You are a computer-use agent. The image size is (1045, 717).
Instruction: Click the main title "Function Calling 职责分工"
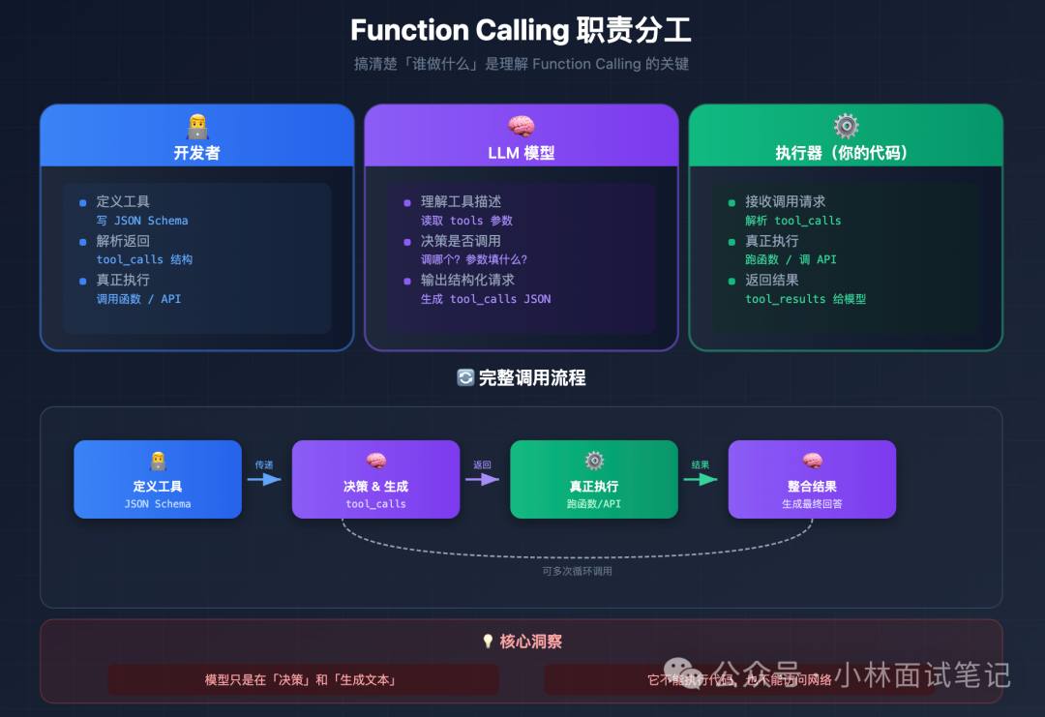click(x=521, y=30)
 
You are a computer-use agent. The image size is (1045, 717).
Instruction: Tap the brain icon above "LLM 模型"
click(x=522, y=126)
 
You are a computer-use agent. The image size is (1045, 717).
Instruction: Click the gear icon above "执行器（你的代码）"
click(x=846, y=126)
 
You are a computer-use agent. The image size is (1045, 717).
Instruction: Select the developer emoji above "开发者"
click(x=197, y=126)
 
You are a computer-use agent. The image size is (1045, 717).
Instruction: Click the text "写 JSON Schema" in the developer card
click(x=142, y=221)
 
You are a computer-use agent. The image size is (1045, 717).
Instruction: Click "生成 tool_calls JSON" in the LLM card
click(x=486, y=299)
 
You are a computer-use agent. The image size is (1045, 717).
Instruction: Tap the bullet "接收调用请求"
click(x=785, y=201)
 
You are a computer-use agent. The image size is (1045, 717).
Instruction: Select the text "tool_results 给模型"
click(x=805, y=299)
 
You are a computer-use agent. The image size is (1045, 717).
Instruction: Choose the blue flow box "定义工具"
click(x=158, y=479)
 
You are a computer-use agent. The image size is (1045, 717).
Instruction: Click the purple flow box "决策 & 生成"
click(x=375, y=479)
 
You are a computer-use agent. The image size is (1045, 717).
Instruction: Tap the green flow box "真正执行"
click(x=593, y=479)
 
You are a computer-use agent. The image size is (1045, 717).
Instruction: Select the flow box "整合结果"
click(x=812, y=479)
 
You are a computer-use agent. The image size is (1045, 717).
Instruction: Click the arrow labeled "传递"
click(x=264, y=478)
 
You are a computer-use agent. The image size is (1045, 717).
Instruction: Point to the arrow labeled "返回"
click(x=482, y=478)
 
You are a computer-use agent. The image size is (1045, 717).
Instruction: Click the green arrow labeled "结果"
click(x=701, y=478)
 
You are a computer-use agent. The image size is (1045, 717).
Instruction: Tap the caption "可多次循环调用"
click(x=577, y=571)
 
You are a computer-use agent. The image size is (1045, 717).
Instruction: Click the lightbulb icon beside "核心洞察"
click(x=488, y=642)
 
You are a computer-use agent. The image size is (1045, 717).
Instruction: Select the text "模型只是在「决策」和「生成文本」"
click(x=301, y=680)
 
